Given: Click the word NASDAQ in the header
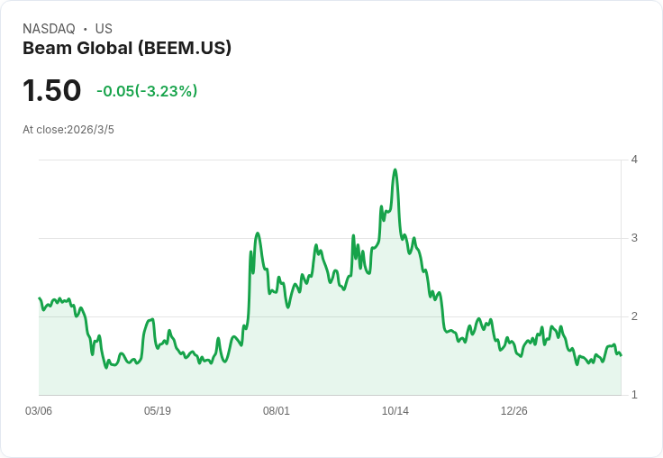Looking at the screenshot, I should click(49, 29).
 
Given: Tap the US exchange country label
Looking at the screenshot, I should click(104, 29).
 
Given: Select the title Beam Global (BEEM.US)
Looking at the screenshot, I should click(127, 48).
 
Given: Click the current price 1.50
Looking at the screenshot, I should click(51, 91).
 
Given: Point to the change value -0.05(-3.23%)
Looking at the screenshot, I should click(147, 91).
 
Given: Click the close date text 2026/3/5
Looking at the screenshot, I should click(91, 130).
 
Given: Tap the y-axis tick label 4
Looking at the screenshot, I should click(634, 160).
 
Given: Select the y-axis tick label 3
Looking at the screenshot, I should click(634, 238).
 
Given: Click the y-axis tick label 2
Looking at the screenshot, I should click(634, 316).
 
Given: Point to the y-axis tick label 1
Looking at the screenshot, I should click(634, 395).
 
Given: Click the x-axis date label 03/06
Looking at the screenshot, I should click(39, 411).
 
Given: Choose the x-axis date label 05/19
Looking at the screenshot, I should click(158, 411).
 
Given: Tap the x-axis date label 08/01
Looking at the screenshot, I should click(277, 411).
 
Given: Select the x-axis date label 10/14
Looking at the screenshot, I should click(395, 411).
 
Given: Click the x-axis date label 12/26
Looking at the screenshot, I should click(514, 411).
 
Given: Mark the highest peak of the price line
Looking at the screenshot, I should click(395, 169).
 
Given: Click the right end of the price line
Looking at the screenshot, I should click(621, 355).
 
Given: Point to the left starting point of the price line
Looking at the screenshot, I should click(40, 298).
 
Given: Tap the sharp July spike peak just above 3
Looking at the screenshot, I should click(258, 234).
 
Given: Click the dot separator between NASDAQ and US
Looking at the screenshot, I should click(85, 29).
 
